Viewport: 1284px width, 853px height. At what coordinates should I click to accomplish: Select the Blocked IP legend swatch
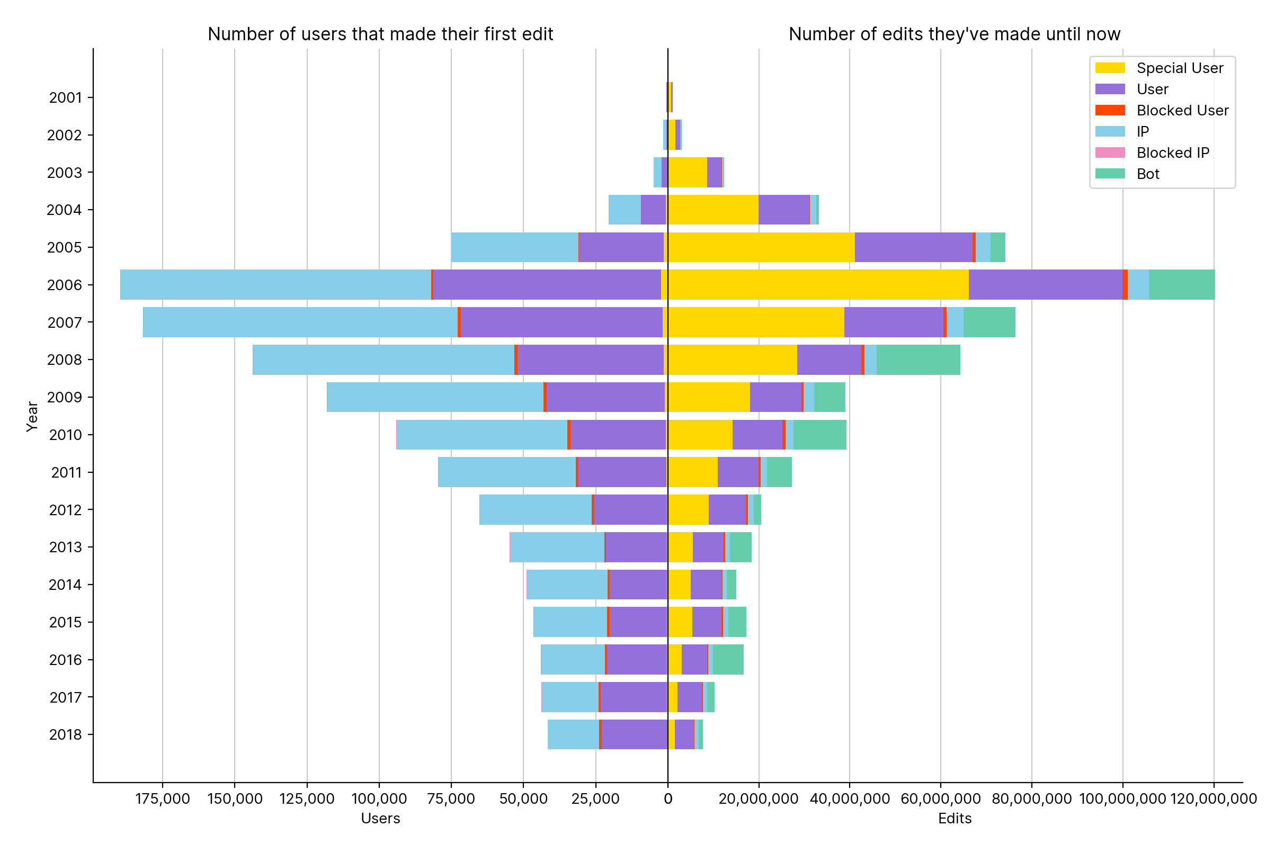(1110, 153)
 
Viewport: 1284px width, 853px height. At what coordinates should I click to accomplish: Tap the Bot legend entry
(1147, 174)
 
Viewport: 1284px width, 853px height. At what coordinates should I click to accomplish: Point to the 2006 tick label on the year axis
(64, 285)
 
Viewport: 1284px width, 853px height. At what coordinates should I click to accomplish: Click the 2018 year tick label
(65, 735)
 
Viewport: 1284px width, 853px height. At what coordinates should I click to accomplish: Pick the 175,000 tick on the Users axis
(162, 799)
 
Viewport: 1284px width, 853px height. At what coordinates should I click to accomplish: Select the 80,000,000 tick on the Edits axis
(1031, 799)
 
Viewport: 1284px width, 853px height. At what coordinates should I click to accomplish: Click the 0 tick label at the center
(668, 799)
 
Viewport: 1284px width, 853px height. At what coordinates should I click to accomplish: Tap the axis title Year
(33, 417)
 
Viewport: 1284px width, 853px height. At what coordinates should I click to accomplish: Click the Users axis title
(380, 819)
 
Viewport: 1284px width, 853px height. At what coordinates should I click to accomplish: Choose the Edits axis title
(955, 819)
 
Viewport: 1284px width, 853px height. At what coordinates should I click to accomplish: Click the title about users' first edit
(380, 34)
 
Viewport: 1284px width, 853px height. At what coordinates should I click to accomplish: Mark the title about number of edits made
(955, 34)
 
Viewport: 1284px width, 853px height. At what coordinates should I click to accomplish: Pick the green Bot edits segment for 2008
(919, 360)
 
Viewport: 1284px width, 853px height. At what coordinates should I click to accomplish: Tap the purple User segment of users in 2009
(605, 397)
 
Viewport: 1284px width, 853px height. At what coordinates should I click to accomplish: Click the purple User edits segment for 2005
(914, 247)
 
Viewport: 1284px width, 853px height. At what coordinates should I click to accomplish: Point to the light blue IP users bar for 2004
(625, 210)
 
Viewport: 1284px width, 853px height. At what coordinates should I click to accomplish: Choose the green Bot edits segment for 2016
(728, 660)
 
